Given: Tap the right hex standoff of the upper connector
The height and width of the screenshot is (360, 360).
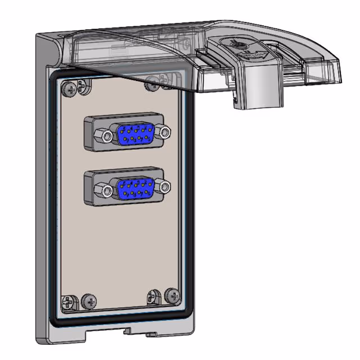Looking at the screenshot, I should [164, 132].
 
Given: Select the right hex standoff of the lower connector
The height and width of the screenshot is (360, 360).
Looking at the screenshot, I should [164, 186].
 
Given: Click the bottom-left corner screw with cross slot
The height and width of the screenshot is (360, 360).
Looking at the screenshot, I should [67, 302].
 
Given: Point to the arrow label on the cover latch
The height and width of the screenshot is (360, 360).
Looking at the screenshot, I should [254, 54].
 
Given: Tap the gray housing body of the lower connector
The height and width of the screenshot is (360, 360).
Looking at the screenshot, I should [93, 178].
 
